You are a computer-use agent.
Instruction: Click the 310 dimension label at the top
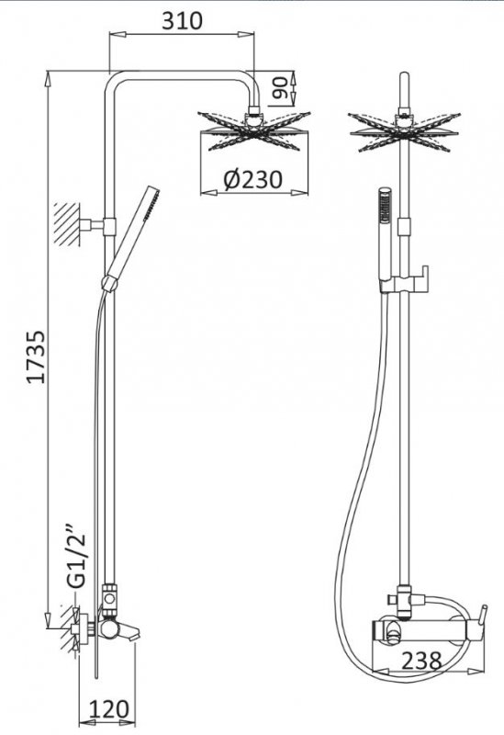tap(182, 20)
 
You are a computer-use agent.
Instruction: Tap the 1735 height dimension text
tap(36, 357)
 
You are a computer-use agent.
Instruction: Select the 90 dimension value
tap(280, 88)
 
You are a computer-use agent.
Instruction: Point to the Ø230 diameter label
tap(253, 179)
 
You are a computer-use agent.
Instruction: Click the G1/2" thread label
tap(76, 560)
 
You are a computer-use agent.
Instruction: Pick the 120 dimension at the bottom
tap(108, 709)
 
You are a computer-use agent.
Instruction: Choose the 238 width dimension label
tap(421, 661)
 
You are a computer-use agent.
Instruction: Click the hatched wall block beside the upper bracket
tap(67, 224)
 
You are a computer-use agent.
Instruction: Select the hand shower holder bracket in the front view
tap(403, 281)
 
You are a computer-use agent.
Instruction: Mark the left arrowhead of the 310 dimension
tap(118, 34)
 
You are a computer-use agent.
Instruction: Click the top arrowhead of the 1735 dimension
tap(48, 78)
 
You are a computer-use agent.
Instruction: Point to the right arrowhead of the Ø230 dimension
tap(300, 192)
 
